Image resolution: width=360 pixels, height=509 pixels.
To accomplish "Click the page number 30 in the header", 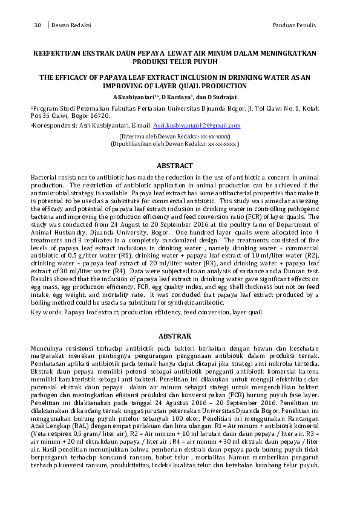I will [x=37, y=25].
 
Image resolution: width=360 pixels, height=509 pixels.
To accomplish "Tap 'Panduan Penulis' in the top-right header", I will [x=295, y=25].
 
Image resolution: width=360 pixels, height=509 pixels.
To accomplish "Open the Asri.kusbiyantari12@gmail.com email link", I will [x=197, y=126].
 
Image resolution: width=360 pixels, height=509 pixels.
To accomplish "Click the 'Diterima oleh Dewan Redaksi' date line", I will [x=174, y=137].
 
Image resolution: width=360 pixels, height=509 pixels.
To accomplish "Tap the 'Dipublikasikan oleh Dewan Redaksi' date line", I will [x=174, y=144].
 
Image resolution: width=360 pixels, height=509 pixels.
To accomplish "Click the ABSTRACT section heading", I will [x=174, y=166].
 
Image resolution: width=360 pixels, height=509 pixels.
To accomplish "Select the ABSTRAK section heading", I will [x=174, y=336].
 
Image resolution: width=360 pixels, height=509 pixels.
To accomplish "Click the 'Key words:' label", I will [x=47, y=312].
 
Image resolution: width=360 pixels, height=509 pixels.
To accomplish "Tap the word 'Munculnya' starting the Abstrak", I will [x=48, y=349].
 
